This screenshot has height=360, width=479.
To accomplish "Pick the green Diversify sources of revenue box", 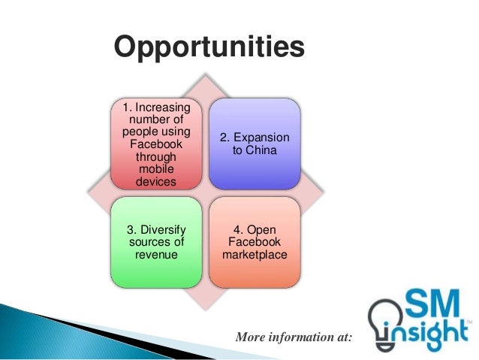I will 156,242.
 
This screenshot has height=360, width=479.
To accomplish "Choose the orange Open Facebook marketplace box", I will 255,242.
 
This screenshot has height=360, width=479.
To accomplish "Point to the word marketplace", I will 255,255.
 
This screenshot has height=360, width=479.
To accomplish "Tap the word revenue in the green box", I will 157,255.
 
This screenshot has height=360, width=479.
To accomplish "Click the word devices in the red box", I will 157,182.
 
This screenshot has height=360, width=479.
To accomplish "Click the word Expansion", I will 261,139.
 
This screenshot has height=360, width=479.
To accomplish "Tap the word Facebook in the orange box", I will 255,242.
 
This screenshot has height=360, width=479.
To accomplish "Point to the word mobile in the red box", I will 157,170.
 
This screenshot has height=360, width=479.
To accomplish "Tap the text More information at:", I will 294,337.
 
